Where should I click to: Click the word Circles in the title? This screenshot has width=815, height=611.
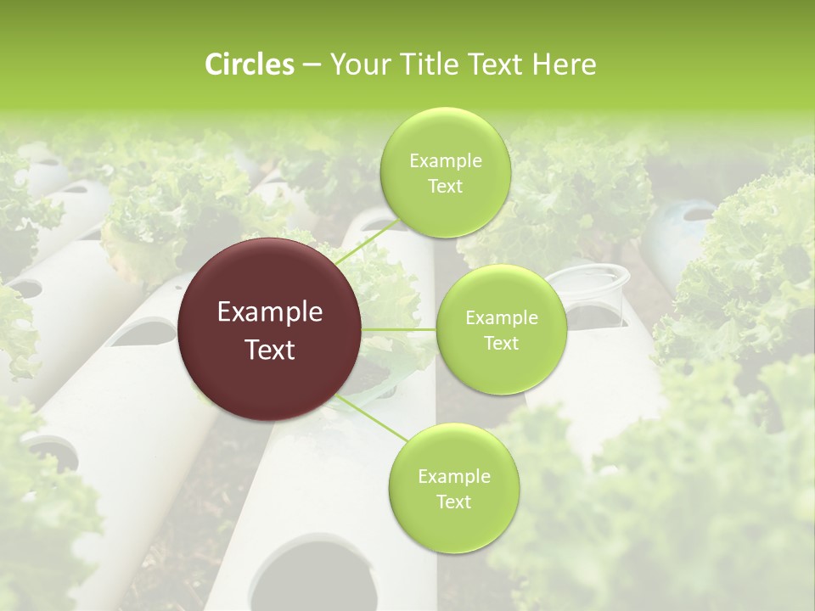pos(249,64)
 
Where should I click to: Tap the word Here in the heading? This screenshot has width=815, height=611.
pos(564,64)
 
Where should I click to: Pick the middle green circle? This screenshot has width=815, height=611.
pos(501,373)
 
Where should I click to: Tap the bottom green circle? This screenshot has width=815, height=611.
pos(453,526)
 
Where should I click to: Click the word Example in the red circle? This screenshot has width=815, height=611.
pos(270,312)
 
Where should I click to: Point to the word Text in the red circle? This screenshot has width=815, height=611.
pos(270,350)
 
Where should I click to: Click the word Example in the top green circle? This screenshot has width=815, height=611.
pos(445,161)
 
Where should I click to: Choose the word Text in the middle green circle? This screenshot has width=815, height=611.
pos(501,344)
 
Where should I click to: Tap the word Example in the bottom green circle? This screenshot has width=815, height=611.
pos(453,477)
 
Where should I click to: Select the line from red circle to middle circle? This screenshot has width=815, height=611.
pos(399,329)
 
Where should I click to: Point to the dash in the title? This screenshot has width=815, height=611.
pos(311,65)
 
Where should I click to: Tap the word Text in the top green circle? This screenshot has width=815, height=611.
pos(445,187)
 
